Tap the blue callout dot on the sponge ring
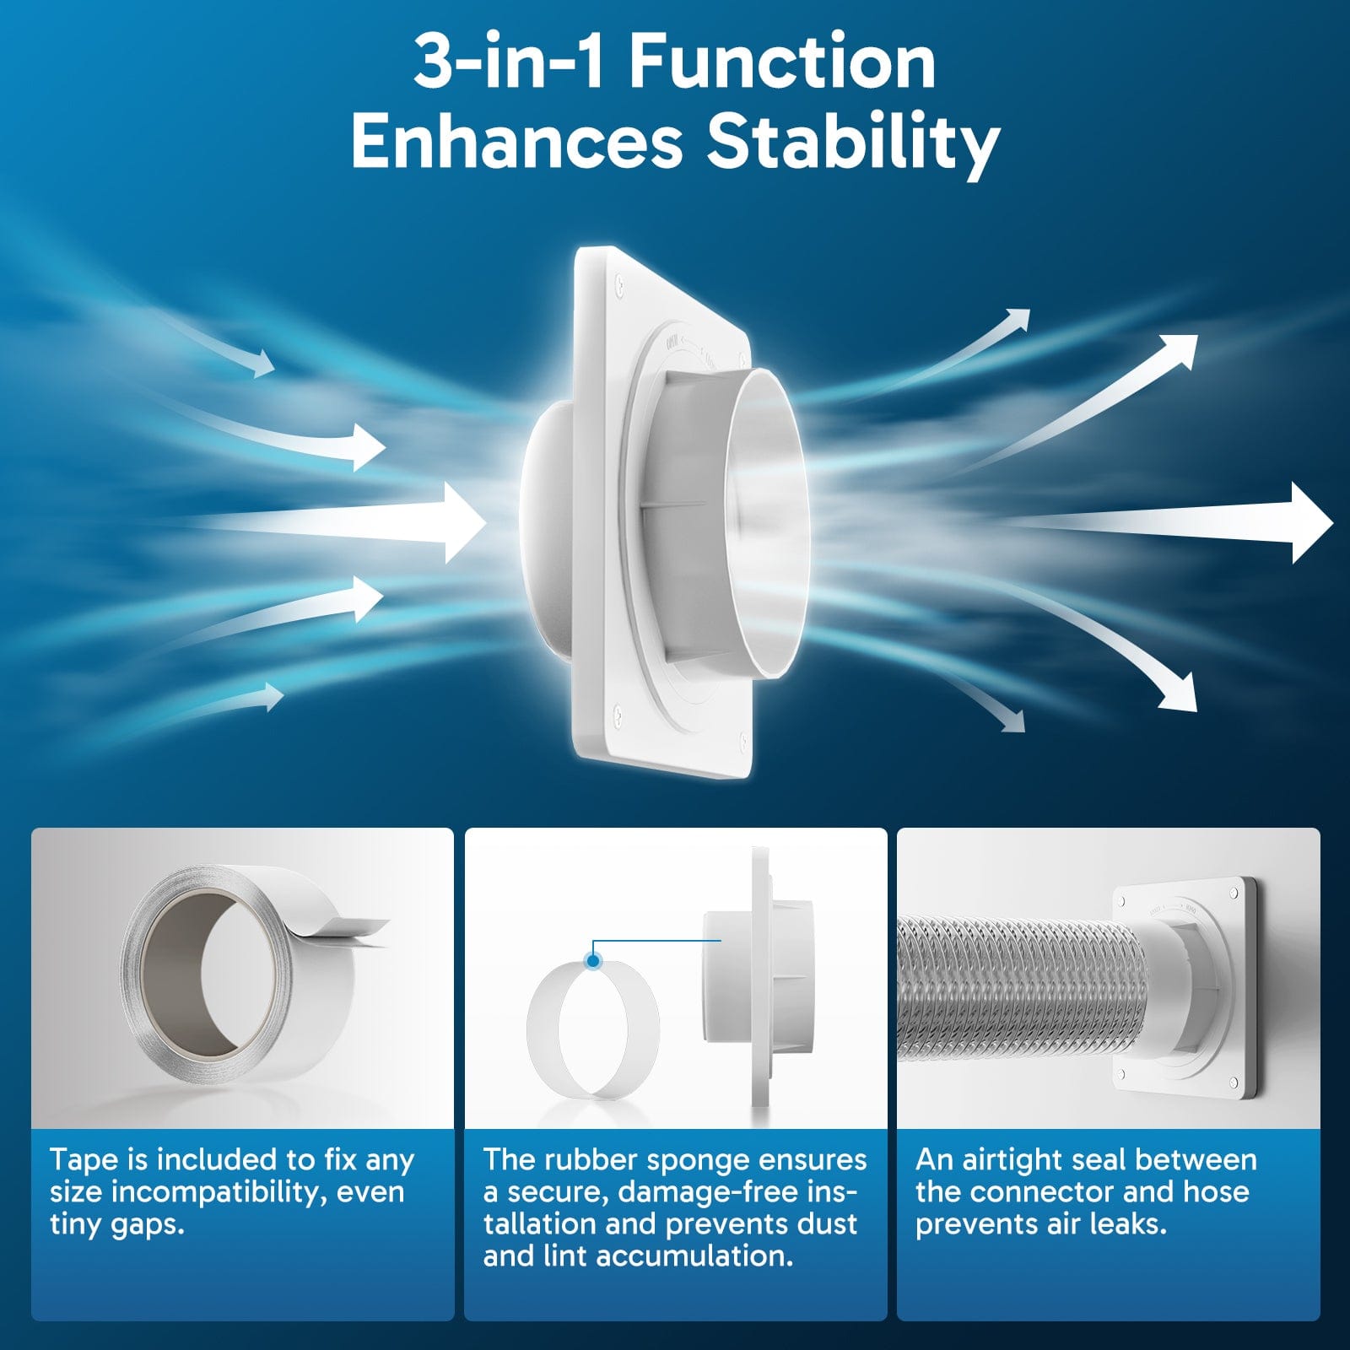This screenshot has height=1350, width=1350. point(593,960)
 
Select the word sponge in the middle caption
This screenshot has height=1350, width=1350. point(683,1160)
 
